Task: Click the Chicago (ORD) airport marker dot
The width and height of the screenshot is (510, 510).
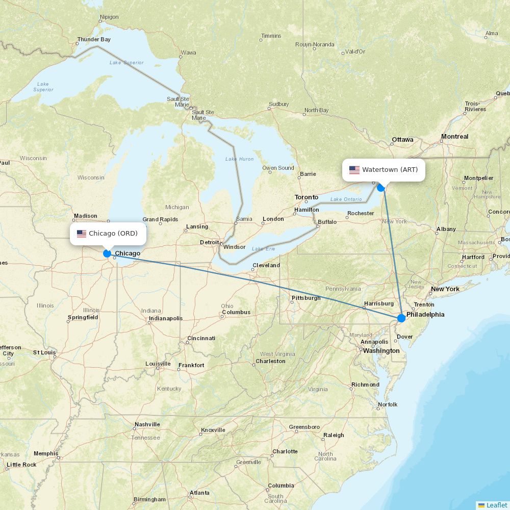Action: [107, 253]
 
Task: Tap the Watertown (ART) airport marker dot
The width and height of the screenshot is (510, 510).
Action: [381, 188]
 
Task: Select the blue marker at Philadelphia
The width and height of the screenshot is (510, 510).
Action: [401, 318]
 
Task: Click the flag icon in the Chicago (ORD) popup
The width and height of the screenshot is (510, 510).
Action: [82, 234]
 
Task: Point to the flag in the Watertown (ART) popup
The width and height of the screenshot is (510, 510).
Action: [354, 170]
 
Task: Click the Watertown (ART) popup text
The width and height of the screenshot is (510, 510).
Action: [390, 170]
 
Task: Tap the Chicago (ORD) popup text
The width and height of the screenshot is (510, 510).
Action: [113, 234]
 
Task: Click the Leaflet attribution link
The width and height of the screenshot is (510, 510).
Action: [496, 505]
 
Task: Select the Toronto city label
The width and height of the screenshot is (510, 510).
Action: [306, 197]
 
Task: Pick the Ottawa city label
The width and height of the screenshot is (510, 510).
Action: [402, 140]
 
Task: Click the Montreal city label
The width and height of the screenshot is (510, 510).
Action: [454, 137]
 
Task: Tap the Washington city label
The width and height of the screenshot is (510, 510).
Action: [381, 351]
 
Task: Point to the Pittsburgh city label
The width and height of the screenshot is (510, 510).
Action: [306, 298]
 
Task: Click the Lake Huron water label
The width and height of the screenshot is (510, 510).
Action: [239, 159]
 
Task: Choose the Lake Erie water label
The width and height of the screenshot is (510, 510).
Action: [263, 249]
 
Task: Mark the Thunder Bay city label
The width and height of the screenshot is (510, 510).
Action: [94, 39]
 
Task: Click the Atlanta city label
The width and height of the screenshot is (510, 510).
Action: [199, 493]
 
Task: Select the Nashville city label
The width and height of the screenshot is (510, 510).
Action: [147, 424]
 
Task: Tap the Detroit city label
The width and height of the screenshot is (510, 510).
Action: [209, 242]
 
